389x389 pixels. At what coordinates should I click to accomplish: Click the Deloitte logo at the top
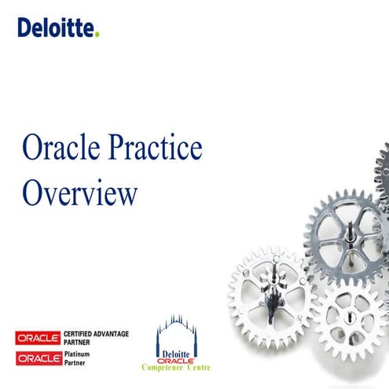(x=57, y=29)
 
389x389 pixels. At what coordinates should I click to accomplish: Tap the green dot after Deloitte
(x=97, y=35)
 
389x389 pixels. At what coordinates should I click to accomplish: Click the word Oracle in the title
(x=68, y=149)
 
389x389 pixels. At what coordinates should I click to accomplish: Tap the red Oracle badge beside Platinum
(x=38, y=358)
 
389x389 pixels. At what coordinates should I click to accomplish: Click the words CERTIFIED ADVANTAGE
(x=96, y=335)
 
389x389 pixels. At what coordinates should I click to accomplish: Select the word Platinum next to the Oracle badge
(x=79, y=354)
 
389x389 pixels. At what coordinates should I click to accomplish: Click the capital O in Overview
(x=33, y=193)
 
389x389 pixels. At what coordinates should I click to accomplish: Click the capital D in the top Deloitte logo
(x=24, y=29)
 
